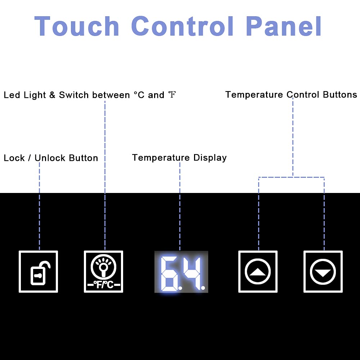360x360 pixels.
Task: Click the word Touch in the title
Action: pyautogui.click(x=77, y=26)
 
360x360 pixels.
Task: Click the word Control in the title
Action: pyautogui.click(x=182, y=26)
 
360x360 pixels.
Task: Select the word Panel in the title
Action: pyautogui.click(x=284, y=26)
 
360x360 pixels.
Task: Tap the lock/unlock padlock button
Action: pyautogui.click(x=39, y=271)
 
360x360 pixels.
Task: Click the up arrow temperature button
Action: pyautogui.click(x=258, y=271)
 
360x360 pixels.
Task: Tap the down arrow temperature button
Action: pyautogui.click(x=323, y=271)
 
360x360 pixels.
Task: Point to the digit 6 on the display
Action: pyautogui.click(x=169, y=274)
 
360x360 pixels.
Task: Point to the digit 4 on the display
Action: pyautogui.click(x=192, y=273)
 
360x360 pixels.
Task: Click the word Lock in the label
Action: pyautogui.click(x=14, y=158)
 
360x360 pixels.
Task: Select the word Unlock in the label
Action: pyautogui.click(x=50, y=158)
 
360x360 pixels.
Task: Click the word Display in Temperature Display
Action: pyautogui.click(x=210, y=158)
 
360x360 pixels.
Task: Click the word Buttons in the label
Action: pyautogui.click(x=340, y=95)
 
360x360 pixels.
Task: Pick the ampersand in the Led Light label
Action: pyautogui.click(x=52, y=95)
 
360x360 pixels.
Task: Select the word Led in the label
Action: pyautogui.click(x=12, y=95)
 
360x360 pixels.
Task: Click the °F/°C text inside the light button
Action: pyautogui.click(x=104, y=285)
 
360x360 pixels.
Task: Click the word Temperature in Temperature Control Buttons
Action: pyautogui.click(x=254, y=95)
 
